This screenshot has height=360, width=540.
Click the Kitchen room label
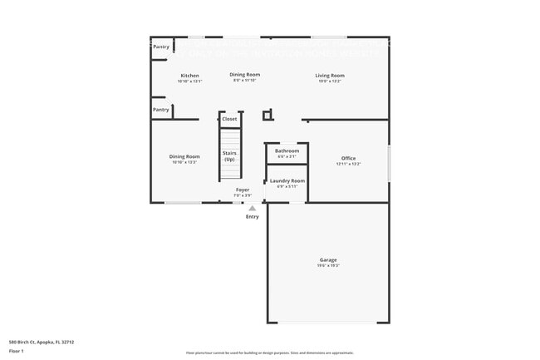tap(189, 76)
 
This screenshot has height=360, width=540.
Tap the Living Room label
tap(330, 76)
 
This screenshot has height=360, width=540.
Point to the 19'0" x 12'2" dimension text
tap(330, 81)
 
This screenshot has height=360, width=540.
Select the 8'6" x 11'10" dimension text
tap(244, 80)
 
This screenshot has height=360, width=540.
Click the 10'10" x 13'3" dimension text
tap(184, 162)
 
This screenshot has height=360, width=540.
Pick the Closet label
tap(229, 119)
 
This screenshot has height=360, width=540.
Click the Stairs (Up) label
tap(229, 155)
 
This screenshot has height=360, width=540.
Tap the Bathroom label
tap(287, 150)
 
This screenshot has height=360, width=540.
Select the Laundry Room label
tap(287, 180)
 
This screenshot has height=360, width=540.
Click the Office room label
tap(348, 158)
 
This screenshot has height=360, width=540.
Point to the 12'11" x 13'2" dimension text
tap(348, 164)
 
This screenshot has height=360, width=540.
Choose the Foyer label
tap(243, 190)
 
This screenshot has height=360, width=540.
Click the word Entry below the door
tap(252, 217)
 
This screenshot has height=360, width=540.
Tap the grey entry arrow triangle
tap(252, 208)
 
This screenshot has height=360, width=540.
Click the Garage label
tap(329, 260)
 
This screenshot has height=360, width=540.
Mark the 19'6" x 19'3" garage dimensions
tap(329, 266)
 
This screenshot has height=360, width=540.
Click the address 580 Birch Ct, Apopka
tap(42, 342)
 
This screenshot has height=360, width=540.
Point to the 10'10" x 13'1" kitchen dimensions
tap(189, 81)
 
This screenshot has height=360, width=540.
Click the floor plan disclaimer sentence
tap(269, 353)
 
